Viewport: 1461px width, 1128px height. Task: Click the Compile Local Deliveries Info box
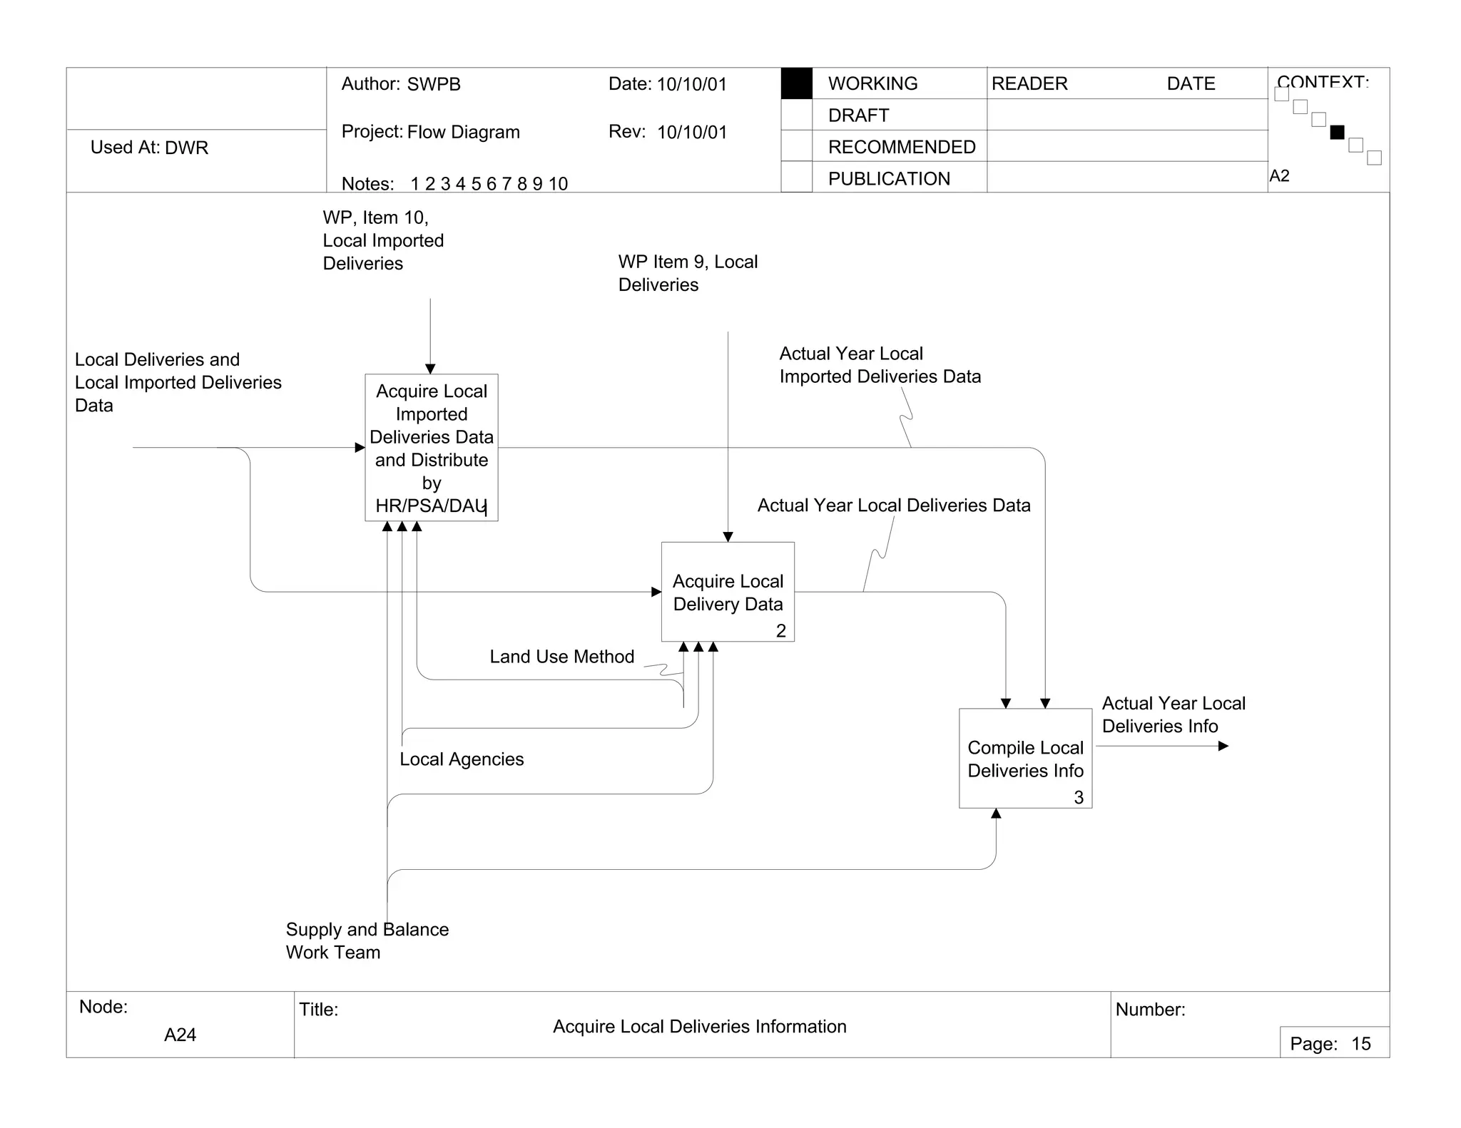point(1025,758)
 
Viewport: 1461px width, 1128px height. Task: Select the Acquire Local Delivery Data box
point(728,592)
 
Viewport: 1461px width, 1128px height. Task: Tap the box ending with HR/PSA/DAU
point(431,448)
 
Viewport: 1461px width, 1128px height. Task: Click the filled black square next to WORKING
point(796,83)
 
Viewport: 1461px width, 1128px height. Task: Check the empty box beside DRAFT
point(796,115)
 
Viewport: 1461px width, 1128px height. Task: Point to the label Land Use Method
point(561,657)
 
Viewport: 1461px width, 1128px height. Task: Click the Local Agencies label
point(462,759)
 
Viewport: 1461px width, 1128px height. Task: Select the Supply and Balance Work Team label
point(367,940)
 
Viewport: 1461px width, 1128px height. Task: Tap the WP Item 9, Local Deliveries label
point(688,273)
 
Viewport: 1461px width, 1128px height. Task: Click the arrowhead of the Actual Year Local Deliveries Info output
point(1223,746)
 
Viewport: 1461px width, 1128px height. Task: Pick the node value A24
point(180,1035)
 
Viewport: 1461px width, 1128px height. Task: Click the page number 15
point(1360,1044)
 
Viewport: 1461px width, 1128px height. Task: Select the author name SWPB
point(434,84)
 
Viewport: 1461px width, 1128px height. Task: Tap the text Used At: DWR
point(149,148)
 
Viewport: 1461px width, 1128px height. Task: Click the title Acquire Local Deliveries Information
point(699,1027)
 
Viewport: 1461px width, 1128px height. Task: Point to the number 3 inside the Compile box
point(1079,797)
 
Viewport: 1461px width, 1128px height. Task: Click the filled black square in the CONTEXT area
point(1337,132)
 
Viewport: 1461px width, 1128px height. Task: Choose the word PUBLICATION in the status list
point(889,179)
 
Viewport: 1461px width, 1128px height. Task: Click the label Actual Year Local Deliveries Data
point(893,506)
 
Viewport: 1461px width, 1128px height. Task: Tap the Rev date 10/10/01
point(691,133)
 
